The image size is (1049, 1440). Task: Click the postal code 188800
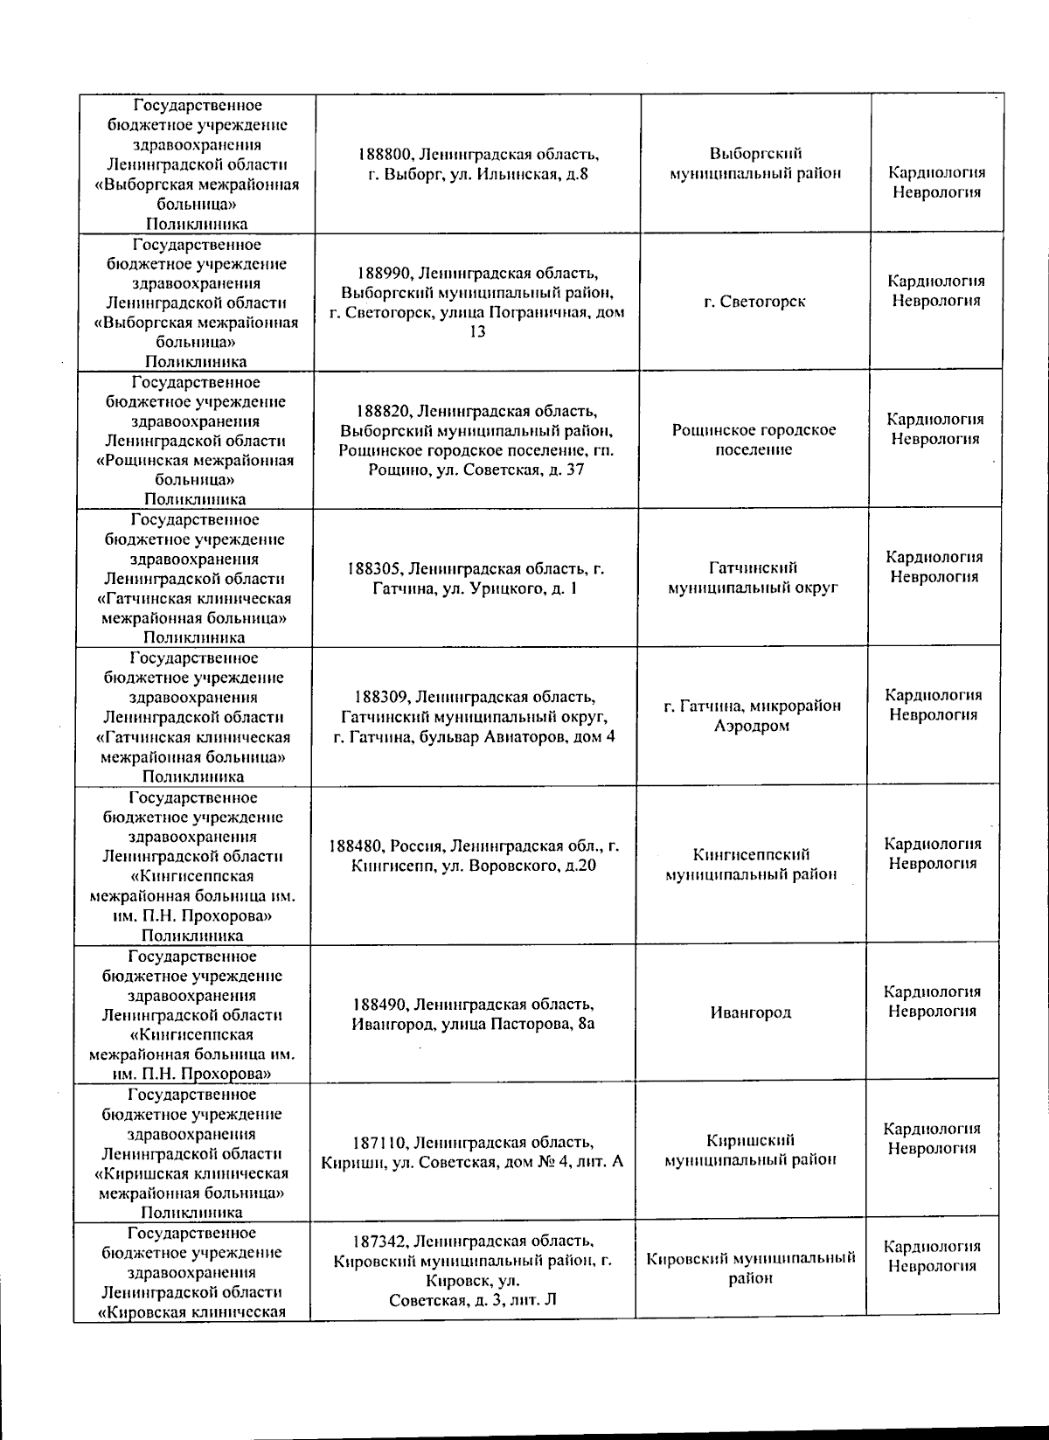point(385,155)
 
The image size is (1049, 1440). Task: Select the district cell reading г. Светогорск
point(754,302)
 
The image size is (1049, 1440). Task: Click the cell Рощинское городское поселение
point(754,440)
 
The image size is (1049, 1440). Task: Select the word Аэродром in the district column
point(752,726)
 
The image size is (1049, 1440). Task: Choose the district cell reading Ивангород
point(751,1012)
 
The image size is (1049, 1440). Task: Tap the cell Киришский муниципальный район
point(751,1151)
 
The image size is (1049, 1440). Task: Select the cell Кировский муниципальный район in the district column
point(750,1269)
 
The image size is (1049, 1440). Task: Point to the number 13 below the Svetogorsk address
point(477,332)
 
